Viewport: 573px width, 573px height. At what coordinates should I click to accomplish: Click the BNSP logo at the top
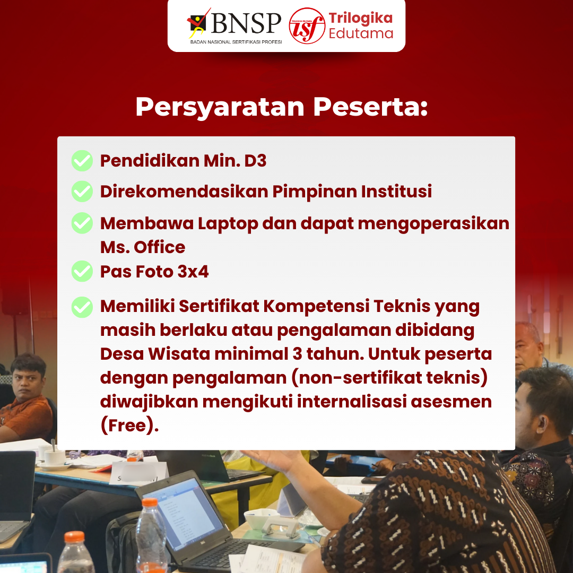(x=235, y=24)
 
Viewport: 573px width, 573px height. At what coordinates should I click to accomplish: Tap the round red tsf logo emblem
(x=307, y=25)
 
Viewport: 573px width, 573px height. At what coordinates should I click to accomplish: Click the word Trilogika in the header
(x=360, y=18)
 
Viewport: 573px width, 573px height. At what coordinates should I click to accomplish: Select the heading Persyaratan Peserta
(x=281, y=107)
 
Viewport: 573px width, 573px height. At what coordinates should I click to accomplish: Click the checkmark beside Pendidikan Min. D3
(x=82, y=161)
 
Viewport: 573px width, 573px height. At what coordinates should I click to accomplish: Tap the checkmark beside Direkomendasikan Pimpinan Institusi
(x=82, y=192)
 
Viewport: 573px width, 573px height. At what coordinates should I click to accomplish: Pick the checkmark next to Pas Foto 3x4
(x=82, y=272)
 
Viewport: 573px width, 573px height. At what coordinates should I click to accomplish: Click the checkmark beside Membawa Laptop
(x=82, y=223)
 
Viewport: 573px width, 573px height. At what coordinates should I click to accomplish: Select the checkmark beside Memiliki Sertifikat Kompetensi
(x=82, y=307)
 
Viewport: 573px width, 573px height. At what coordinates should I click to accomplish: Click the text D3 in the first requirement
(x=255, y=161)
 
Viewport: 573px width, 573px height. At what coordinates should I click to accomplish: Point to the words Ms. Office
(x=143, y=247)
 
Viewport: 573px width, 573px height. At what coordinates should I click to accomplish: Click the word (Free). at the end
(x=129, y=426)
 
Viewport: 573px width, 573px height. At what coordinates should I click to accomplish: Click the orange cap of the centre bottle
(x=150, y=502)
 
